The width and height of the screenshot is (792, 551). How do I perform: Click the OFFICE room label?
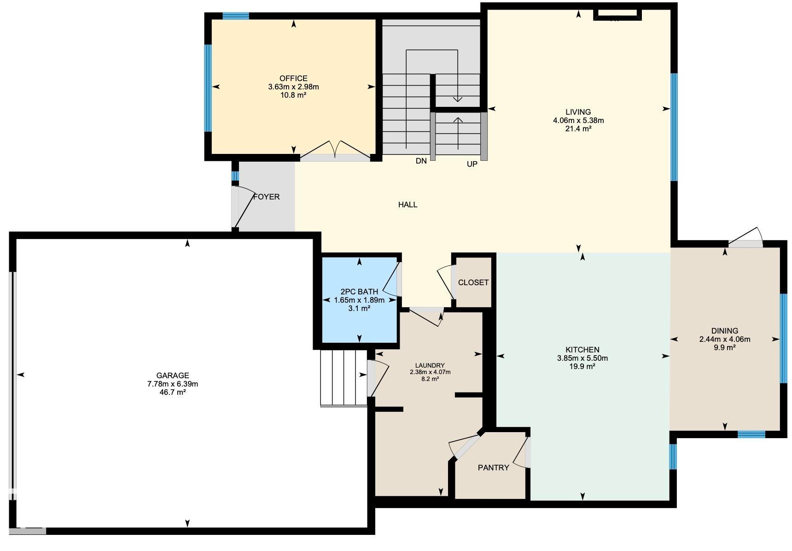[293, 78]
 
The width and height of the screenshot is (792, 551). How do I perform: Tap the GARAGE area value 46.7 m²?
[173, 393]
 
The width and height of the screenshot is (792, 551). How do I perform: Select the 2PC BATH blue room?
[359, 322]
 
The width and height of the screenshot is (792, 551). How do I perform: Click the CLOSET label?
[473, 282]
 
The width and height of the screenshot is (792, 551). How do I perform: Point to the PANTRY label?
[493, 468]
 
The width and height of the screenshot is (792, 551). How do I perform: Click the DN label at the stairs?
[421, 161]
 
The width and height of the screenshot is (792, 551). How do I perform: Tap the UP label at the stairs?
[472, 164]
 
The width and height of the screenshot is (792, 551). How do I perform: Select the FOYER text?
[267, 197]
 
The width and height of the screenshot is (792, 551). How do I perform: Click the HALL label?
[408, 205]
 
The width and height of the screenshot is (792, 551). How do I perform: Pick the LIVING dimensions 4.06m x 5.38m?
[578, 121]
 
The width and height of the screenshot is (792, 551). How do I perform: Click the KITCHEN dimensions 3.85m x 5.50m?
[582, 358]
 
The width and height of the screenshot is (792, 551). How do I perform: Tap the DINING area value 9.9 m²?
[724, 347]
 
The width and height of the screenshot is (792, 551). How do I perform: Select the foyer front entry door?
[244, 207]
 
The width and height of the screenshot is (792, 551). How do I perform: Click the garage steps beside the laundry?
[344, 378]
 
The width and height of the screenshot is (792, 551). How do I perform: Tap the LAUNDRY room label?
[430, 365]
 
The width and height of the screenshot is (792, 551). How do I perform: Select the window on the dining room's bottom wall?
[751, 434]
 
